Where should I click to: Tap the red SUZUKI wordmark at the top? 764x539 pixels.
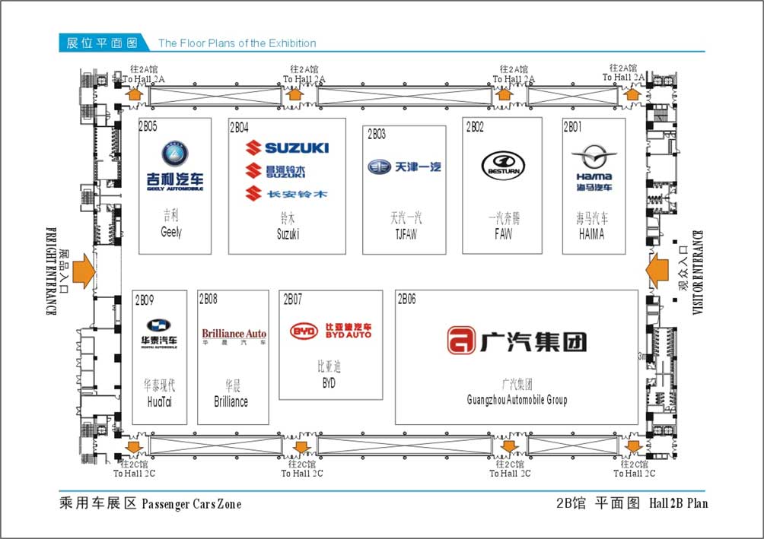point(287,147)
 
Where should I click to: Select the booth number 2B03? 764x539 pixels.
point(376,135)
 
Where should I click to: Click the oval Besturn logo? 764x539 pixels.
point(503,166)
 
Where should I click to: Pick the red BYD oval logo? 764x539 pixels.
point(304,331)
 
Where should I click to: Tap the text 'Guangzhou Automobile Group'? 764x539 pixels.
point(517,400)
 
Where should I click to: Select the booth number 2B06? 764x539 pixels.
point(406,299)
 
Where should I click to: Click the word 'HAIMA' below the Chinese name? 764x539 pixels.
point(591,235)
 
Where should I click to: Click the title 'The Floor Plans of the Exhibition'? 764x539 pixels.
point(237,43)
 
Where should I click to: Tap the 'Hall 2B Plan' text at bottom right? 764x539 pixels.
point(678,503)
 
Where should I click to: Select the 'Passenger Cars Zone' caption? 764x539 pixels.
point(191,504)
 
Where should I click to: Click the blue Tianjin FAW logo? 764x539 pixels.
point(404,167)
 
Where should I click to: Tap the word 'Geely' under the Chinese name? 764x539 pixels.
point(171,233)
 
